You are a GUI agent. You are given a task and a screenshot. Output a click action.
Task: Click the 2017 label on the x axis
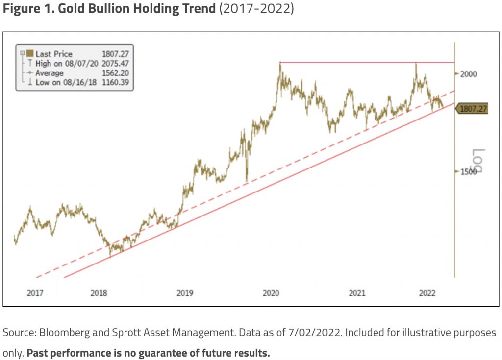coord(35,293)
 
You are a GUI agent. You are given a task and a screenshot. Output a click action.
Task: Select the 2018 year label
coord(99,293)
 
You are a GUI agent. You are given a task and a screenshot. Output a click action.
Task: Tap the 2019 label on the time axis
coord(184,293)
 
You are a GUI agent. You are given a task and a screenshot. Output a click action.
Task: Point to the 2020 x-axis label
coord(271,293)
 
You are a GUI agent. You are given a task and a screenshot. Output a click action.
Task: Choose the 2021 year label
coord(357,293)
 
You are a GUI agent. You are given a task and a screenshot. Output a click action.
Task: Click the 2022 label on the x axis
coord(427,293)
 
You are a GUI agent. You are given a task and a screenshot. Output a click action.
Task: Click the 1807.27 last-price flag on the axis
coord(473,109)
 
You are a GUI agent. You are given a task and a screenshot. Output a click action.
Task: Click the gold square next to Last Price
coord(29,54)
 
